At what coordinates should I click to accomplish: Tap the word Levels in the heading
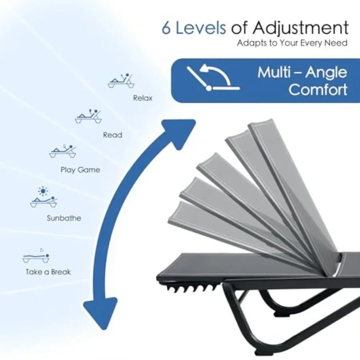201,28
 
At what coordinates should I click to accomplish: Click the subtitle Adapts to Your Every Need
292,43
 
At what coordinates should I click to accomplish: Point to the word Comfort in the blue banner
318,89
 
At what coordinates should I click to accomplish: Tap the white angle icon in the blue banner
213,78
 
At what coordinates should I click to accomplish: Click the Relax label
142,98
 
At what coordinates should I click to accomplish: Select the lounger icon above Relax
121,81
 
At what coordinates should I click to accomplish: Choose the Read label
112,135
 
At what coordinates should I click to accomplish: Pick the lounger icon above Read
88,116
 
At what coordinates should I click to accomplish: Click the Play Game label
80,170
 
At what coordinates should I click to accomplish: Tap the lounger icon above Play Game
62,151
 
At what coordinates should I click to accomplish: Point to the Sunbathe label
64,218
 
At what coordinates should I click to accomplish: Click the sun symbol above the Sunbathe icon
43,191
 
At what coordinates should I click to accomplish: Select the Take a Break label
48,272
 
